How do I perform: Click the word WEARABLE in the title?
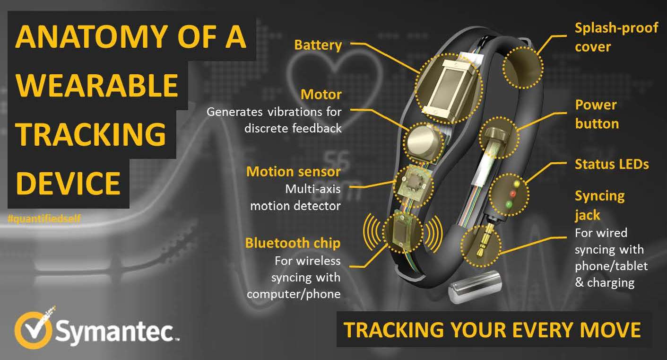[97, 86]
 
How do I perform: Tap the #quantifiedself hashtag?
[44, 219]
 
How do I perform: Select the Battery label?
[318, 45]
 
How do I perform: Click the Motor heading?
[321, 95]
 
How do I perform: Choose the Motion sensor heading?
[293, 172]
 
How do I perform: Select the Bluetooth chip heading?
[293, 243]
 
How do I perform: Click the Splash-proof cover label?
[616, 37]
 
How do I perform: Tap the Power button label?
[597, 114]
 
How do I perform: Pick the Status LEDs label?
[612, 164]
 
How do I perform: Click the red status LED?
[513, 194]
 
